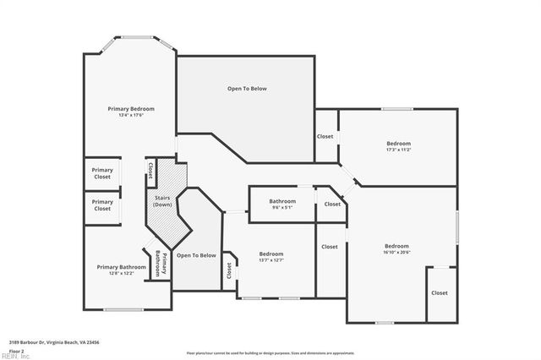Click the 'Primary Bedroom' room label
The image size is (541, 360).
point(130,109)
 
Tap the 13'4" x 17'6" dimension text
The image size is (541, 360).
point(130,116)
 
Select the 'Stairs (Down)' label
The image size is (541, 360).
point(162,201)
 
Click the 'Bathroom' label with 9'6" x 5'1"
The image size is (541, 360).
point(282,201)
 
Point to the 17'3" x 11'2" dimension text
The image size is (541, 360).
point(398,150)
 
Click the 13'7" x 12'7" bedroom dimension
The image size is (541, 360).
point(270,260)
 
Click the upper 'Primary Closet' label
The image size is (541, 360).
point(102,173)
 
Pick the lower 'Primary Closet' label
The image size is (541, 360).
point(102,205)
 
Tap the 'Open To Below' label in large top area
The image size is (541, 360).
point(247,88)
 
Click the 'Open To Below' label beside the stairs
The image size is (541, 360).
point(196,255)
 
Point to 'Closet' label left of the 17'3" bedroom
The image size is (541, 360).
point(325,136)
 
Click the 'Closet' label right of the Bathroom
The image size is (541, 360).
point(332,204)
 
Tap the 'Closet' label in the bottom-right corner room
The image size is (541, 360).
point(440,292)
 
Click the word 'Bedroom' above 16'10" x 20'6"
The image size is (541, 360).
point(396,246)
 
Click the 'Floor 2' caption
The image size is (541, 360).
point(17,350)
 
